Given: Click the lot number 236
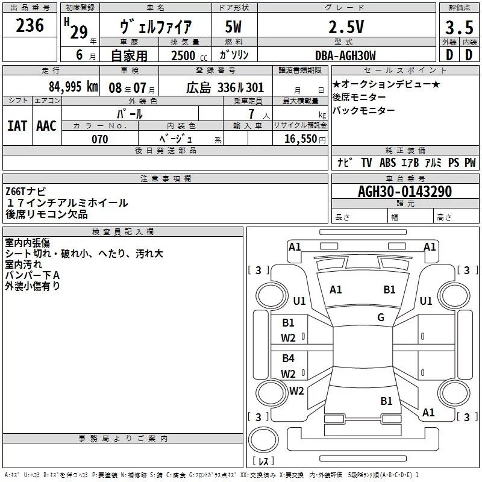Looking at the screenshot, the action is pos(30,25).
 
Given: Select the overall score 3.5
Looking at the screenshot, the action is pos(459,28).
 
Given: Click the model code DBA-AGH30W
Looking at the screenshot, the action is pos(345,55).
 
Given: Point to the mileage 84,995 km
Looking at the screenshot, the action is pos(72,86).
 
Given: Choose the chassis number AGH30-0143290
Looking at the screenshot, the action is pos(404,192).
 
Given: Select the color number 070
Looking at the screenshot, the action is pos(99,139).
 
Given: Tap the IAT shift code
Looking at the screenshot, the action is pos(17,125).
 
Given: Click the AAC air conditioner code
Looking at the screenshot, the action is pos(46,125).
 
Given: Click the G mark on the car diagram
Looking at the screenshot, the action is pos(381,318).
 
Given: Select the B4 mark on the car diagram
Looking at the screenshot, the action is pos(289,358).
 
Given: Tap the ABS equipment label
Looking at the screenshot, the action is pos(387,163).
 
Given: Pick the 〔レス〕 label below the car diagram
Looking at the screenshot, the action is pos(263,462).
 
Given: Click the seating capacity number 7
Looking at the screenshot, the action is pos(250,113).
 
